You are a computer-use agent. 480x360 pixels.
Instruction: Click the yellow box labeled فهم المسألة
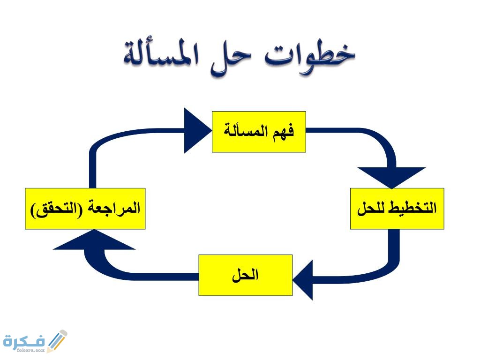click(259, 132)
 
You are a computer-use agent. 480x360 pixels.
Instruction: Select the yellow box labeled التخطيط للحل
click(397, 209)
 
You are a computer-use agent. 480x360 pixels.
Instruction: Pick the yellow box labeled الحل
click(246, 275)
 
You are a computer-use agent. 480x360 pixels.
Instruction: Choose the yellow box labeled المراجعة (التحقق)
click(85, 209)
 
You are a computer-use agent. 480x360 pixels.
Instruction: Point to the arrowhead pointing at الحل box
click(303, 279)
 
